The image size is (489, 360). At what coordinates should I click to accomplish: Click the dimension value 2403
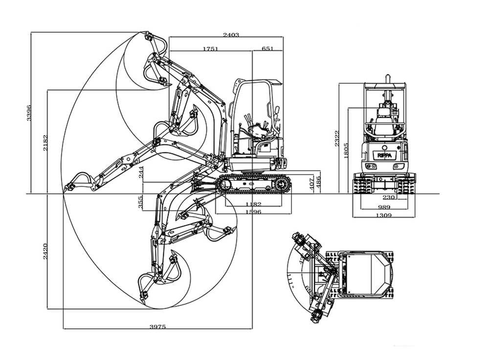point(231,35)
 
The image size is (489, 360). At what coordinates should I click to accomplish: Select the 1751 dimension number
point(210,49)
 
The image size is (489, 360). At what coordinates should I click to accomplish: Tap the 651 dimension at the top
point(267,49)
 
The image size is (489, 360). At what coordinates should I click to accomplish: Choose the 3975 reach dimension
point(157,326)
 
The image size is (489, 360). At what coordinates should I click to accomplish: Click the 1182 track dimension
point(253,203)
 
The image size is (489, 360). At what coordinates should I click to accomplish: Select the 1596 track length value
point(253,212)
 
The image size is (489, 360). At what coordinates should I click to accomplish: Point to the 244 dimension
point(141,173)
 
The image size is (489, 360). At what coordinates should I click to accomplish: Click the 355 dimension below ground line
point(141,202)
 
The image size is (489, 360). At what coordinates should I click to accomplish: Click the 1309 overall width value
point(383,215)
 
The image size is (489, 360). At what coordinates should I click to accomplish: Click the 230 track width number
point(389,198)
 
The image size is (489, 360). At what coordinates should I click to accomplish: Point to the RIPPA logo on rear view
point(384,155)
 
